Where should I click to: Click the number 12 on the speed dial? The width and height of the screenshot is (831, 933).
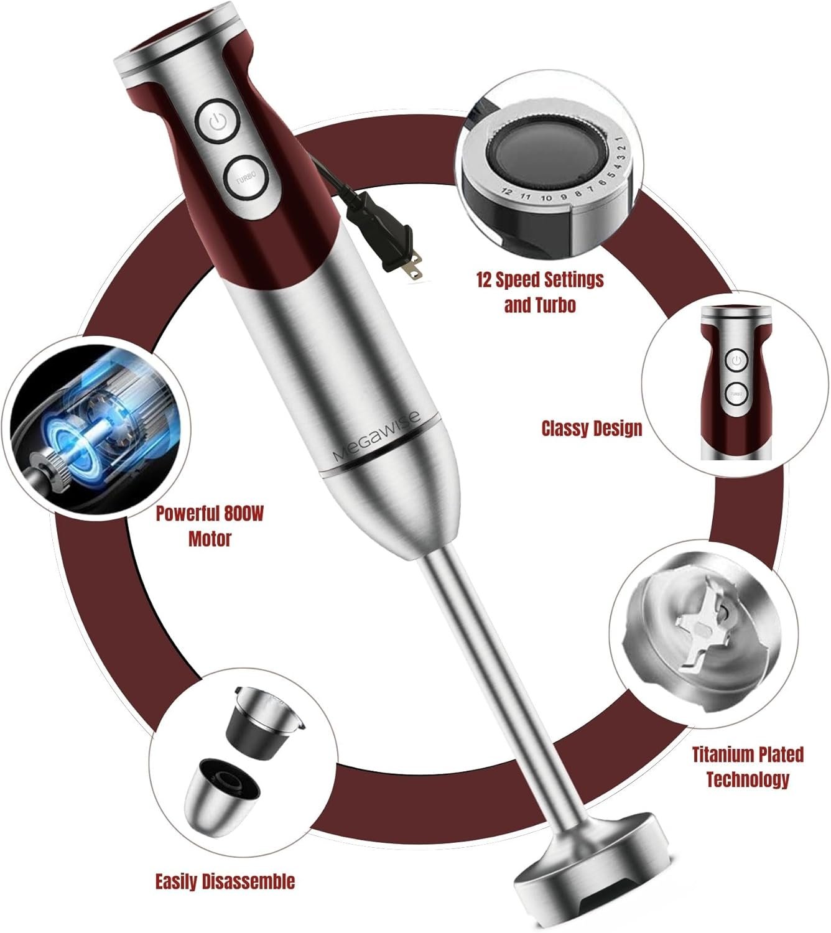[507, 192]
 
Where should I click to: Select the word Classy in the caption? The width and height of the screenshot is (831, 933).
[565, 429]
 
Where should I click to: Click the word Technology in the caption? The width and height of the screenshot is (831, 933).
[748, 779]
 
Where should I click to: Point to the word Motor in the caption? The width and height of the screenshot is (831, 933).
[210, 539]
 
